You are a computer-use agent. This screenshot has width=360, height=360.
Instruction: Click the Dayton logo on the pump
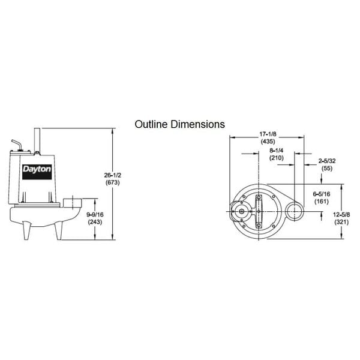point(37,169)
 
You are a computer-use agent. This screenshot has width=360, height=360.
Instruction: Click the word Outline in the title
point(150,124)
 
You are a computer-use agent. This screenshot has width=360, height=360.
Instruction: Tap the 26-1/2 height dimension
point(112,175)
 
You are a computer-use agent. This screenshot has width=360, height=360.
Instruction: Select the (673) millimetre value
point(112,182)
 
